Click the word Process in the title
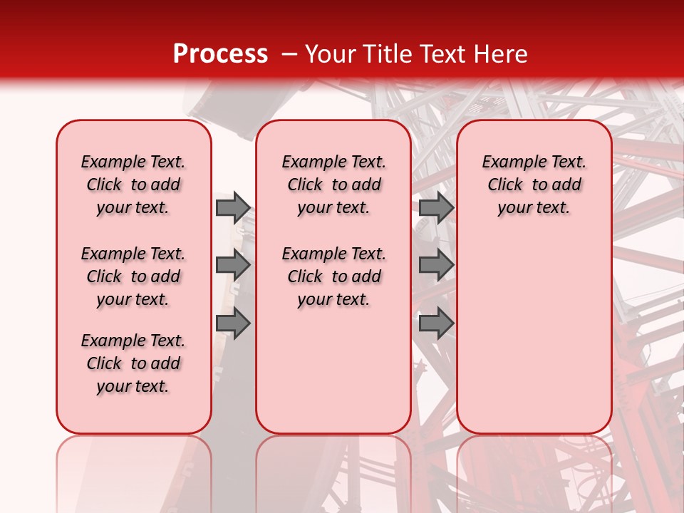pos(220,54)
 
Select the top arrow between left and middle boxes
pos(233,207)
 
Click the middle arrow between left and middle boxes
pos(233,266)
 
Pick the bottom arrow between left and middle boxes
pos(233,324)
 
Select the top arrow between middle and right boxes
pos(436,207)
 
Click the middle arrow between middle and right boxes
pos(436,266)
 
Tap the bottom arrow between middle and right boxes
pos(436,324)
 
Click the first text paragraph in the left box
pos(133,185)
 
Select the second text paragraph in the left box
pos(133,276)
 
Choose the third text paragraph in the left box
pos(133,363)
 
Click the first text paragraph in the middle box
pos(333,185)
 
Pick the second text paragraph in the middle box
pos(333,276)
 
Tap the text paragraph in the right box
pos(534,185)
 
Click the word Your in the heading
pos(330,54)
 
